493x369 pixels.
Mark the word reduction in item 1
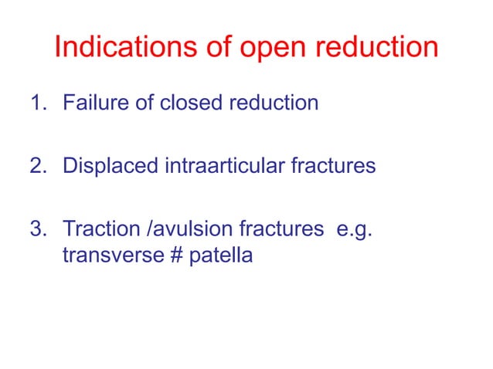pyautogui.click(x=274, y=103)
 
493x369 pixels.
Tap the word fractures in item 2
pyautogui.click(x=333, y=166)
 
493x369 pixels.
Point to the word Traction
pyautogui.click(x=96, y=229)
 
